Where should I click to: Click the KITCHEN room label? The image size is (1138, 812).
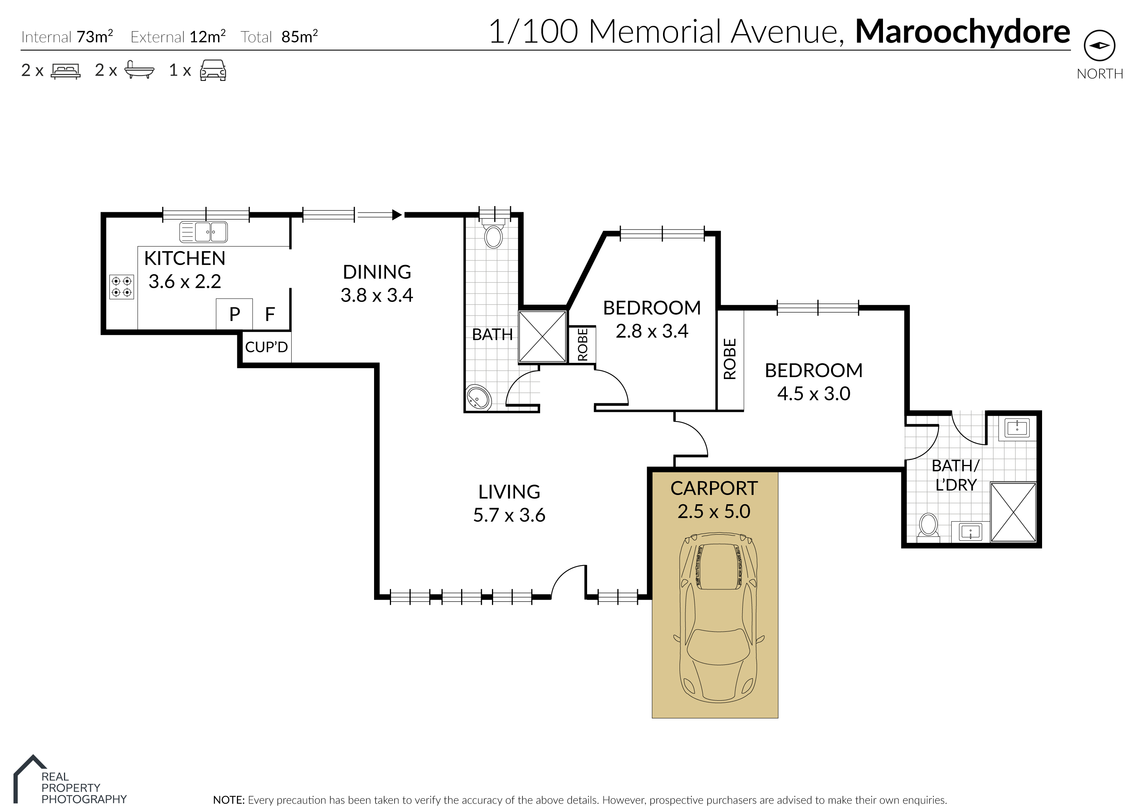185,258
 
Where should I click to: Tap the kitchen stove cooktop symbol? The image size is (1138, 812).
121,287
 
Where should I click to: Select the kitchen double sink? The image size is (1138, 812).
203,232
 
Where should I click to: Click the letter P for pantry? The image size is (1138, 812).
235,314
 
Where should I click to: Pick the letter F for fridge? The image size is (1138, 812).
270,314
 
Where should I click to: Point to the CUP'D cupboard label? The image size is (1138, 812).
267,347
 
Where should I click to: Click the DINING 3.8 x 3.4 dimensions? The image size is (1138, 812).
377,295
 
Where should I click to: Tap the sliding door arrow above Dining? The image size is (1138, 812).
379,215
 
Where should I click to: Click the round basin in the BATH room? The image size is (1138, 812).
478,398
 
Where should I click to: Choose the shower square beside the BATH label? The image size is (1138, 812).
542,337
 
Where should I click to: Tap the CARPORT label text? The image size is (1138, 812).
714,488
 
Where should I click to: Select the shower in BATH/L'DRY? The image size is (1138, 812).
1013,512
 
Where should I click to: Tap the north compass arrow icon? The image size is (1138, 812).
1099,45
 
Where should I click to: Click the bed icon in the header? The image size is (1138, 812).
66,70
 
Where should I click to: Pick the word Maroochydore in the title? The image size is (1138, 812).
962,32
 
